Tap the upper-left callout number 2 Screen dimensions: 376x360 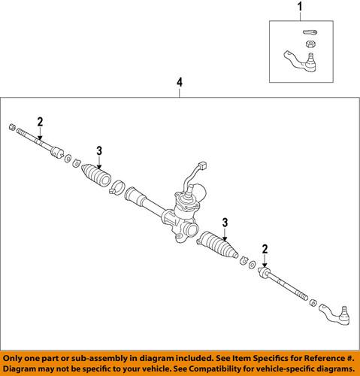[40, 122]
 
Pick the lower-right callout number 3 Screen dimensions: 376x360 [223, 222]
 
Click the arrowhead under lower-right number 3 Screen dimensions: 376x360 [223, 235]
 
